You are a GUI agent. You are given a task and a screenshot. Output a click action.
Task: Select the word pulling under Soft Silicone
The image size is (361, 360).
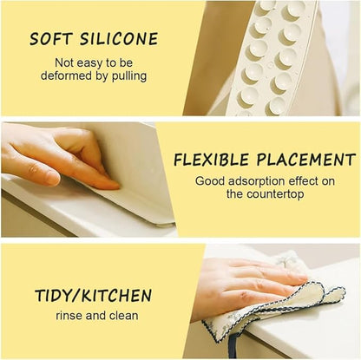pos(127,75)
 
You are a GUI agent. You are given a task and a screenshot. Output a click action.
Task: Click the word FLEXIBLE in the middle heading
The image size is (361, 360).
pos(212,160)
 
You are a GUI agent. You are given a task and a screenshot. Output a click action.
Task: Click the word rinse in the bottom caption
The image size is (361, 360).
pos(72,317)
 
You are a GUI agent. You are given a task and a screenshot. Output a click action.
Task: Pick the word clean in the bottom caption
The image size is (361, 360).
pos(124,317)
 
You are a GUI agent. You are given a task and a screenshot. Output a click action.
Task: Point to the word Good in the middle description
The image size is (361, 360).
pos(211,181)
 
